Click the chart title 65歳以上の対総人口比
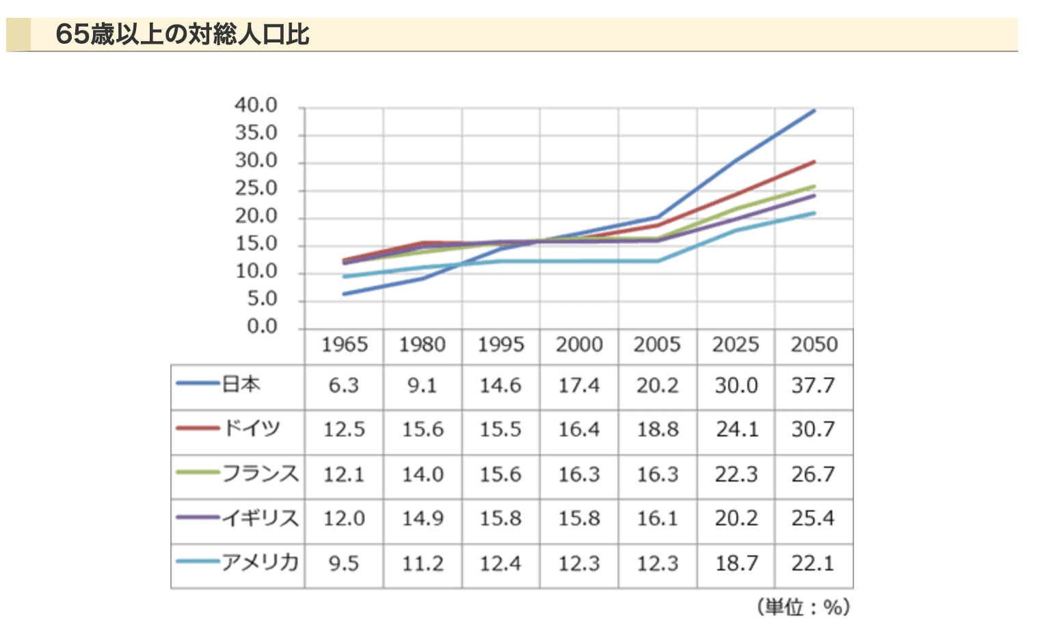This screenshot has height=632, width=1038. pos(182,34)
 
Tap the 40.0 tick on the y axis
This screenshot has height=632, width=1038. pos(256,105)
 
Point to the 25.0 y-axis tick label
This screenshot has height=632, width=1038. pos(256,188)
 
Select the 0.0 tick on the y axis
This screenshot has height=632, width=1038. pos(261,326)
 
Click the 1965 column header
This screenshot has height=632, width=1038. pos(344,344)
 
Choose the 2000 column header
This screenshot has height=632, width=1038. pos(578,344)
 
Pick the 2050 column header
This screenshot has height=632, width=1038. pos(814,344)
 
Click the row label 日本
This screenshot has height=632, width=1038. pos(241,384)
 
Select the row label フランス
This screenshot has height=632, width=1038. pos(260,473)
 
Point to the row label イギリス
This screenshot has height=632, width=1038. pos(260,518)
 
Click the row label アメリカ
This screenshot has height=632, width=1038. pos(260,563)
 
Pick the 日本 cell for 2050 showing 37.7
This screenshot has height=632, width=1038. pos(813,386)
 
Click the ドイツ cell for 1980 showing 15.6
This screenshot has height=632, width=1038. pos(422,430)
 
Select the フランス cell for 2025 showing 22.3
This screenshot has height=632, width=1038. pos(736,474)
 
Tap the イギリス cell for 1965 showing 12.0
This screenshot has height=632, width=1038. pos(344,518)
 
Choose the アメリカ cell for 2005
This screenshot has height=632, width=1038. pos(657,564)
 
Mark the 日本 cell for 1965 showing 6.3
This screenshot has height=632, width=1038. pos(343,386)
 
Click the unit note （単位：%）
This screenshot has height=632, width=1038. pos(803,607)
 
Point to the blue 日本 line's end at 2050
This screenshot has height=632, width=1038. pos(814,110)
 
